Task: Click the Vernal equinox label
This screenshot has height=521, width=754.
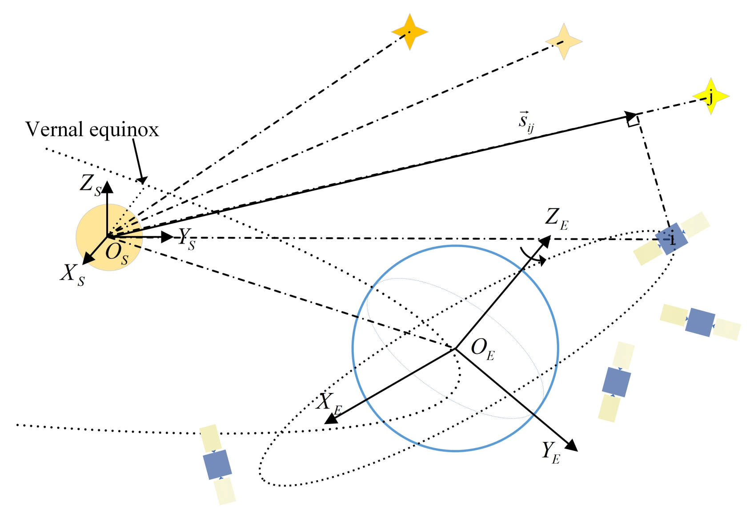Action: (92, 130)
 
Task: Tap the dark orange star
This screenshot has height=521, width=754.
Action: (409, 32)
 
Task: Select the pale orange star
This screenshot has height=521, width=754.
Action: (564, 41)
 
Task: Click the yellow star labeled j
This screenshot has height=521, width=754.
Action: (711, 96)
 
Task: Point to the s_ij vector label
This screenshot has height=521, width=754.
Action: (526, 122)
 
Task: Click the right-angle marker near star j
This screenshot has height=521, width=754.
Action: (634, 121)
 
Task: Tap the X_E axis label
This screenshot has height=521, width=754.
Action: (329, 403)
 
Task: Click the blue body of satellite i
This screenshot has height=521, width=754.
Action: (672, 239)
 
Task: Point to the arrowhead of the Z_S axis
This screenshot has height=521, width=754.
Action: (107, 187)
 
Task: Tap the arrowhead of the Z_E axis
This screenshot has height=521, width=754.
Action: (545, 242)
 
